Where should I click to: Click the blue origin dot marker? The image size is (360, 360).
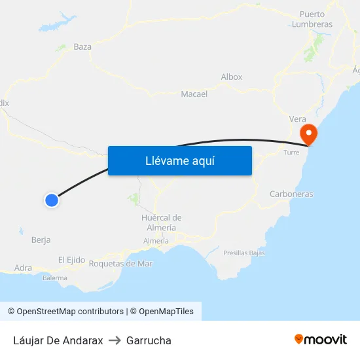52,200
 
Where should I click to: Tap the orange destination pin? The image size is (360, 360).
308,134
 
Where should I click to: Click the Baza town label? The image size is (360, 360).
82,47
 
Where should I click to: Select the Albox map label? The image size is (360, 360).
232,77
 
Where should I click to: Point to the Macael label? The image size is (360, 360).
194,94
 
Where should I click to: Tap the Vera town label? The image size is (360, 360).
298,118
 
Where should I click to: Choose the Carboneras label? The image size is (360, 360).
291,194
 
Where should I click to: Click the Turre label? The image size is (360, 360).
291,153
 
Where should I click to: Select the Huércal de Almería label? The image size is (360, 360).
161,223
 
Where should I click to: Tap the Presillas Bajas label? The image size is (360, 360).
243,253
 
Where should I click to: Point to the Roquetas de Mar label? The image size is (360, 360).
120,264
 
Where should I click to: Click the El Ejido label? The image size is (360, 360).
71,260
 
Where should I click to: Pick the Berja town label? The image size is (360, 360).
41,240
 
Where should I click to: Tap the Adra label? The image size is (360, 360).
23,268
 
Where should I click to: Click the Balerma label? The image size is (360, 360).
55,278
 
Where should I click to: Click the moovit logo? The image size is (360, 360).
321,339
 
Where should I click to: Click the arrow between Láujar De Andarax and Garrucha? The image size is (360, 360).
115,340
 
